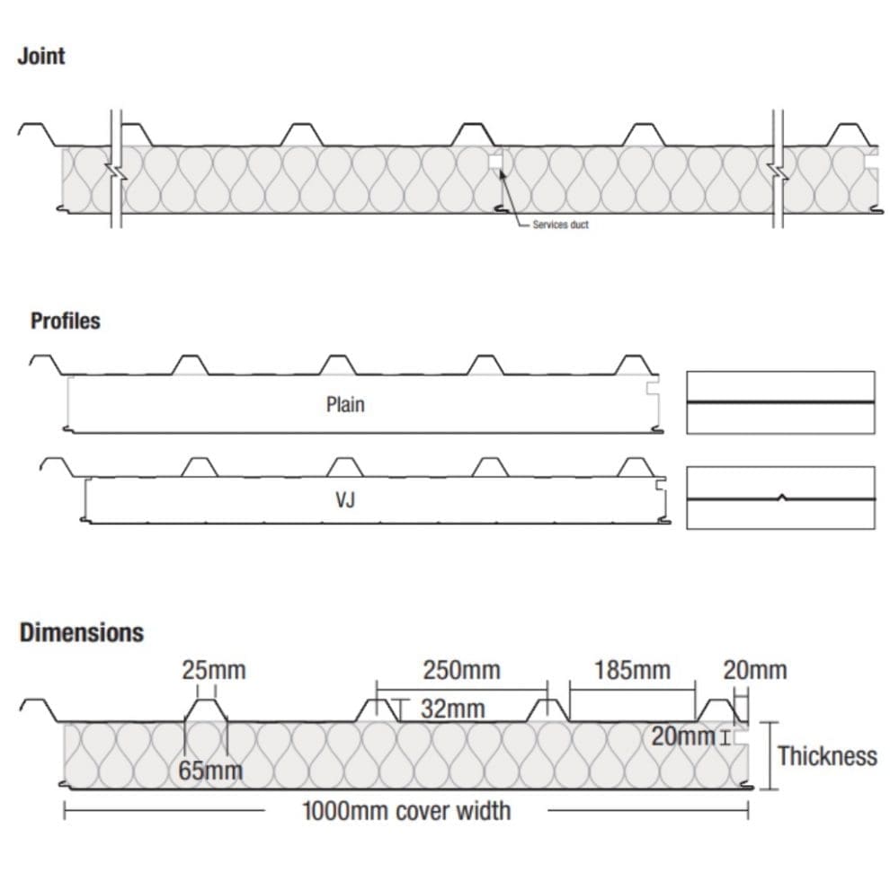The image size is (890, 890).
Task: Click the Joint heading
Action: click(x=41, y=57)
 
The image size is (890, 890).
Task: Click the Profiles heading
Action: click(x=66, y=321)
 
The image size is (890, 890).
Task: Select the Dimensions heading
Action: click(x=82, y=632)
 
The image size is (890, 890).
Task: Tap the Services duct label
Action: click(x=560, y=225)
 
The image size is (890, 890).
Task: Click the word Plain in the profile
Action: click(x=345, y=405)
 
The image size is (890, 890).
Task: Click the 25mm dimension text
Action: click(x=214, y=671)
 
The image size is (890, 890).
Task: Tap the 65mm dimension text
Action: click(x=210, y=771)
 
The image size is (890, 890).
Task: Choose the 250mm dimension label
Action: click(x=460, y=671)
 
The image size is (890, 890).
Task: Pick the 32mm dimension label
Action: click(x=452, y=709)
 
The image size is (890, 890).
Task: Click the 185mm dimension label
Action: click(x=632, y=671)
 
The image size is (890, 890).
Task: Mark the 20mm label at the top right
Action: click(x=754, y=671)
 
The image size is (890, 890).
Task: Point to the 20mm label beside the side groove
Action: click(x=683, y=737)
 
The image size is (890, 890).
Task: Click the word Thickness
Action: click(x=827, y=756)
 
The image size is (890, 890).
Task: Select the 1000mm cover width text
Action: click(x=406, y=812)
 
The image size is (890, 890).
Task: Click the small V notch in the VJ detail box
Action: click(x=781, y=496)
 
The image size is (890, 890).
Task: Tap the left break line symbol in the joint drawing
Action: click(x=115, y=169)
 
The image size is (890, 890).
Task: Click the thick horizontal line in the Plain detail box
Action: click(x=780, y=401)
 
